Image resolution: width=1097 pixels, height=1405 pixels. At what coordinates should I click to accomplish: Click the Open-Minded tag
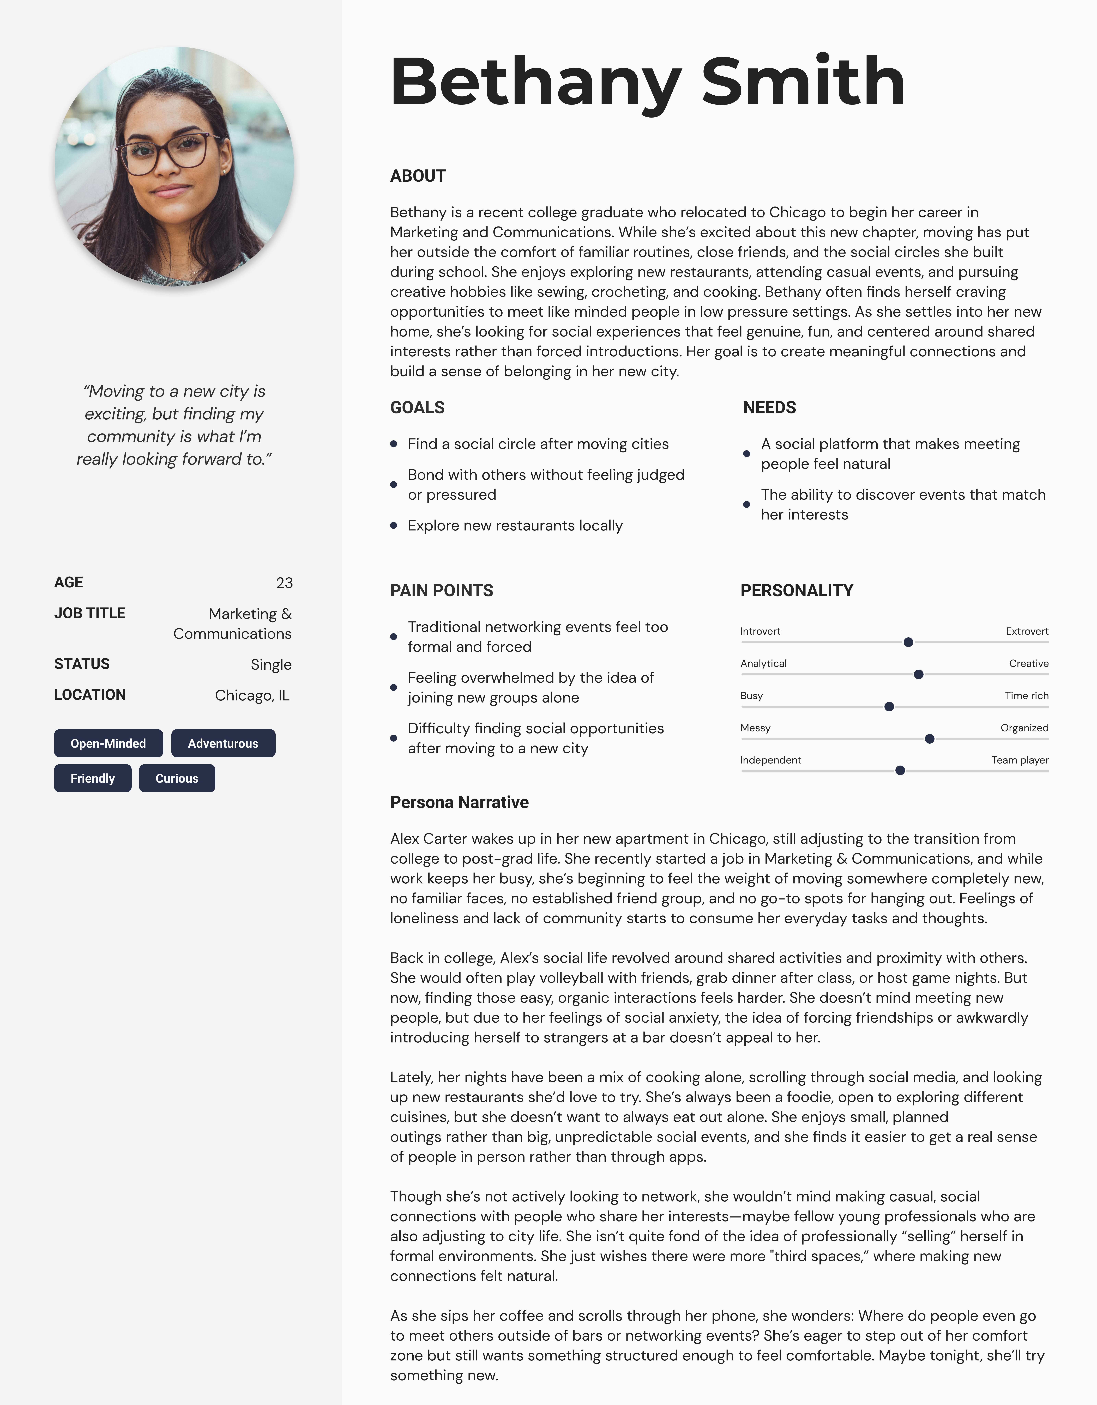coord(108,743)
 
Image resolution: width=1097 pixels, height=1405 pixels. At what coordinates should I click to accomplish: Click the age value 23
coord(284,583)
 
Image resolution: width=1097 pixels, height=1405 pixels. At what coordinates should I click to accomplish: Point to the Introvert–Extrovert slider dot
coord(908,642)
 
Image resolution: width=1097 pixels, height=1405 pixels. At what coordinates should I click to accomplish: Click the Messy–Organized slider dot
coord(929,738)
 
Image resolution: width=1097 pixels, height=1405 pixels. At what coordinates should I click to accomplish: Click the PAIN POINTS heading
coord(441,591)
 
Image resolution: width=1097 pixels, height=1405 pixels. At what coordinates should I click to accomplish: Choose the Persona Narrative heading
coord(459,802)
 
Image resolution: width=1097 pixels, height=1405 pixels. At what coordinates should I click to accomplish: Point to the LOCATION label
coord(90,695)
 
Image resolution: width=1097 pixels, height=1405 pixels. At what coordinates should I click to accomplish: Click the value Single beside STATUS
coord(271,664)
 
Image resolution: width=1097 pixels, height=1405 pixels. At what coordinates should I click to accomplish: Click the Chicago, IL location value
coord(252,695)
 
